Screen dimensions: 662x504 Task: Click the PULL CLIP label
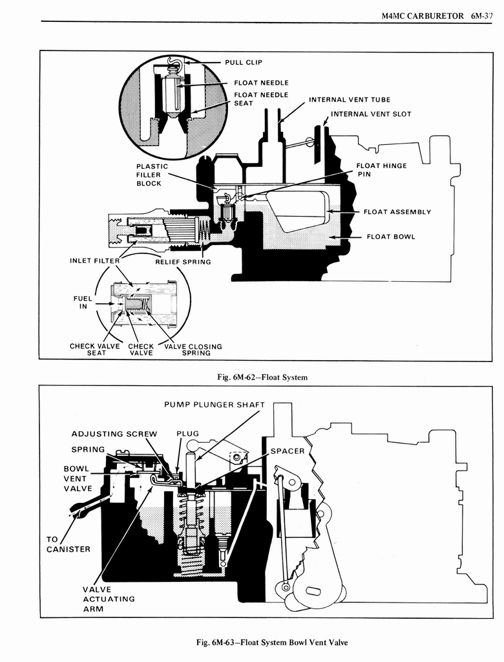[244, 63]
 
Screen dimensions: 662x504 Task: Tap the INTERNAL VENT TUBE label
[349, 100]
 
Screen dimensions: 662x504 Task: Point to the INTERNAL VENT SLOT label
[371, 114]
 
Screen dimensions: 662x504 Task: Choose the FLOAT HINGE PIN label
[381, 170]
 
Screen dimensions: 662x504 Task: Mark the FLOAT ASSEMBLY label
[397, 212]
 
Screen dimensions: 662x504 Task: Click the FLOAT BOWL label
[391, 237]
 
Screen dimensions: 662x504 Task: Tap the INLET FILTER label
[94, 261]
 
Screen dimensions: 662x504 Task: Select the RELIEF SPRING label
[183, 262]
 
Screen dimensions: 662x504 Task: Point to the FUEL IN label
[83, 303]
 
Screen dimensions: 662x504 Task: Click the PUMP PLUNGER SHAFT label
[215, 405]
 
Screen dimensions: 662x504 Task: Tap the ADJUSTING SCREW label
[114, 434]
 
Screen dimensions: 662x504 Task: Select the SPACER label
[288, 451]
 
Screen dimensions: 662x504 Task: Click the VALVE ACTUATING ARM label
[109, 599]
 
